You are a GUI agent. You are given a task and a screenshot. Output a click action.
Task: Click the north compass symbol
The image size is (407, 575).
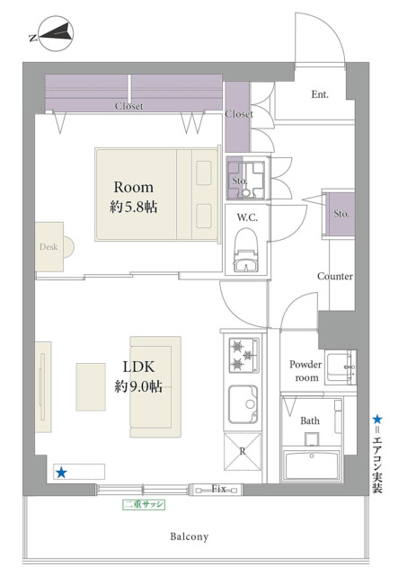[56, 33]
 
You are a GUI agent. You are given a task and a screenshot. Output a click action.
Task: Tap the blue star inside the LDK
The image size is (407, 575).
[61, 473]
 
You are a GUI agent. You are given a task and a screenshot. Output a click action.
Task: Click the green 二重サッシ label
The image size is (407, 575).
[144, 505]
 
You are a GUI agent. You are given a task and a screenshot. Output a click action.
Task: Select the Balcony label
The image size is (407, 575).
[190, 536]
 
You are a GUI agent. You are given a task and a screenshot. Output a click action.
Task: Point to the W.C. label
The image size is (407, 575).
[247, 217]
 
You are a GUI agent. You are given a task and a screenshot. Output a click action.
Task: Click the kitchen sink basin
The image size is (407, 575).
[243, 404]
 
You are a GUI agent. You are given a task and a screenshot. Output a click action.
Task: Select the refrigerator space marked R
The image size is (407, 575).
[243, 451]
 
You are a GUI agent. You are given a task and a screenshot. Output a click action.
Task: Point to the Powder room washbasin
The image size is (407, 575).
[341, 367]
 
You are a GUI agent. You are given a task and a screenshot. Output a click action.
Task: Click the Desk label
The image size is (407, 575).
[49, 247]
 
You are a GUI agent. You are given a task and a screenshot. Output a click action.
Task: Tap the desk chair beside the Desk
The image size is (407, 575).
[68, 247]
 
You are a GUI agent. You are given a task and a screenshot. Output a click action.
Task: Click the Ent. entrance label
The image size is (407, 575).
[320, 94]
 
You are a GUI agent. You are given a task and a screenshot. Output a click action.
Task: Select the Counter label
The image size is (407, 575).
[335, 276]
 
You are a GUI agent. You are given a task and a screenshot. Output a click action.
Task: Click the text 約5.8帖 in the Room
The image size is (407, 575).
[134, 208]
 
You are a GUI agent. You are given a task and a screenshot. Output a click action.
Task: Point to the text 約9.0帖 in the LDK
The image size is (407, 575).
[138, 386]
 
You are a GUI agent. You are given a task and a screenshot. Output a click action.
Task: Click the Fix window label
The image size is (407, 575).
[218, 489]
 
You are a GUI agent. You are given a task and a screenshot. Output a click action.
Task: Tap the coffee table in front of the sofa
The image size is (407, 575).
[91, 387]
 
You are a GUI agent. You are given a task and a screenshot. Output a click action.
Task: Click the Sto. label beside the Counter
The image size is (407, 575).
[341, 214]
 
